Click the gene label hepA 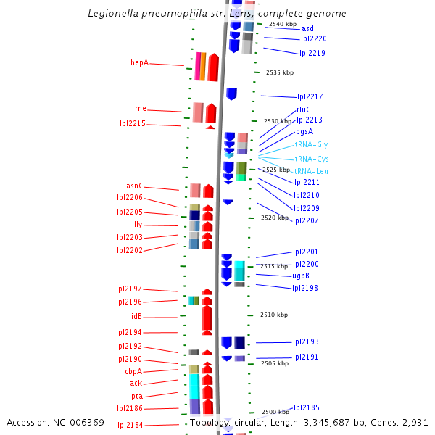pos(139,63)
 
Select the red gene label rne pos(140,109)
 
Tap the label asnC pos(134,186)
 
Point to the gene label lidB pos(135,317)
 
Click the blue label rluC pos(303,109)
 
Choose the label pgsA pos(304,132)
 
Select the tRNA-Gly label pos(311,145)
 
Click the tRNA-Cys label pos(312,159)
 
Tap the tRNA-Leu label pos(311,171)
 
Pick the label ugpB pos(301,276)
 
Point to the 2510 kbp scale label pos(274,315)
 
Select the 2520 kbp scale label pos(275,217)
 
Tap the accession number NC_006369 pos(80,423)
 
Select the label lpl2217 pos(310,97)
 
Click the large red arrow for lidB pos(207,318)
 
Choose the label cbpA pos(133,371)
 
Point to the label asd pos(307,28)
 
